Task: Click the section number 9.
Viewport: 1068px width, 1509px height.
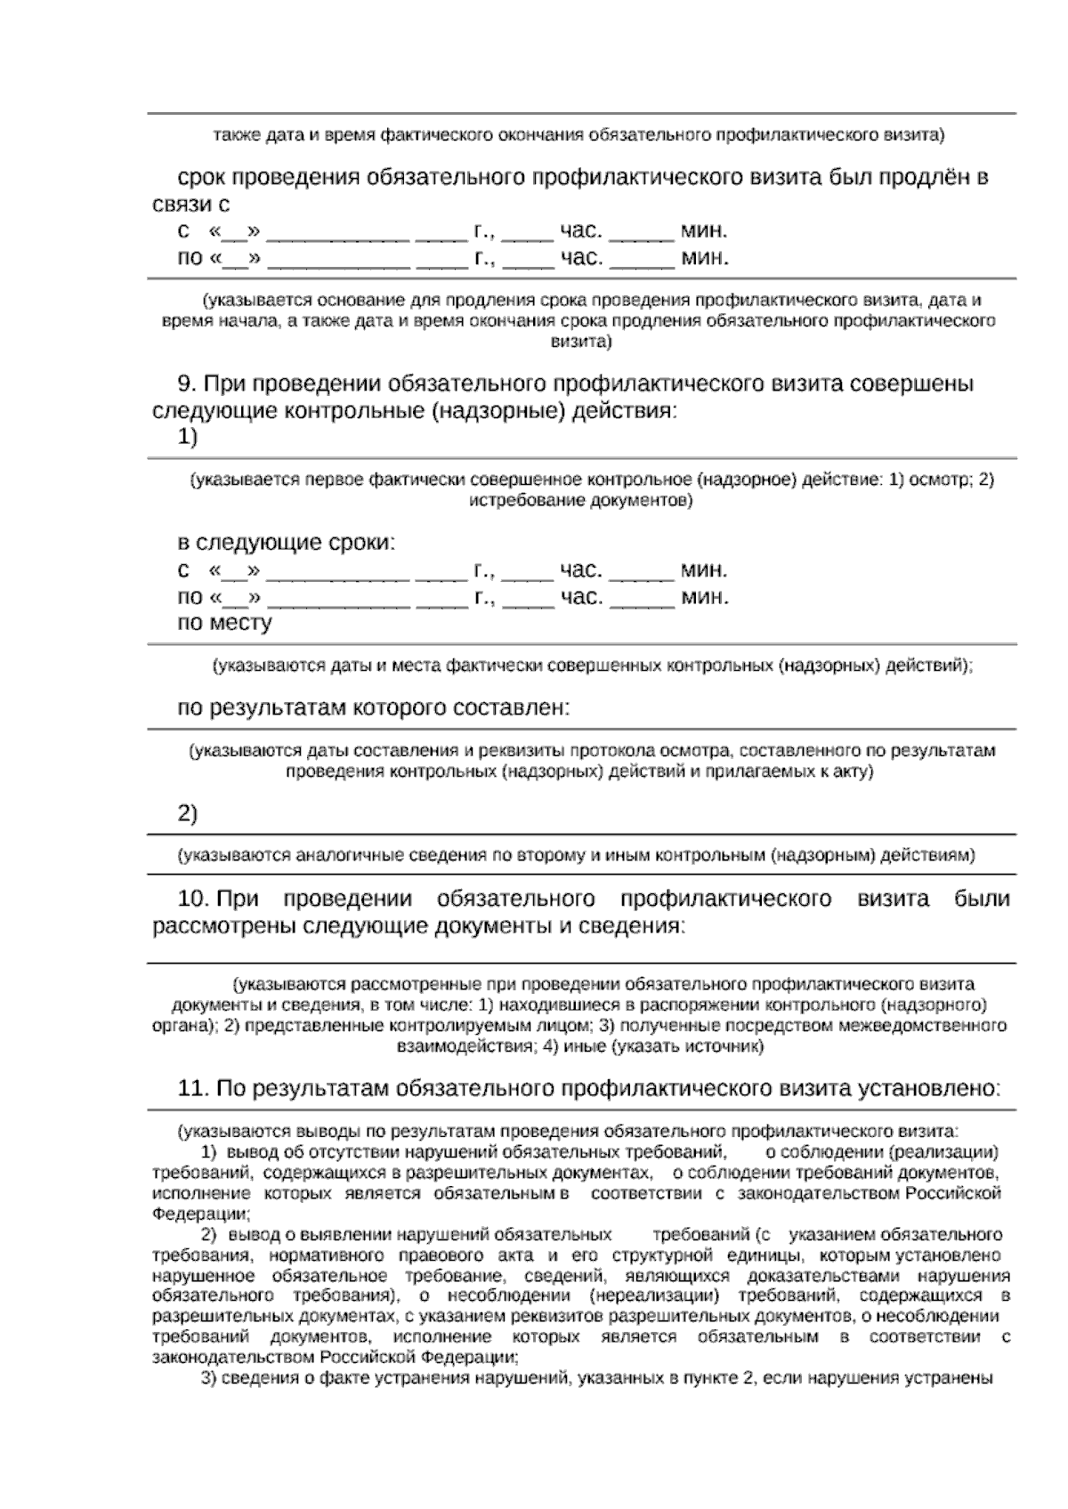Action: point(187,383)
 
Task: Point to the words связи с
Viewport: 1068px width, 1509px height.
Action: point(190,204)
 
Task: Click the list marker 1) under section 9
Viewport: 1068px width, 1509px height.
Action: point(188,437)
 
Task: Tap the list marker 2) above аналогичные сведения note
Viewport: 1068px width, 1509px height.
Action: point(188,813)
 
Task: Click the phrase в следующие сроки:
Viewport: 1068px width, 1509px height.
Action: point(287,543)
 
